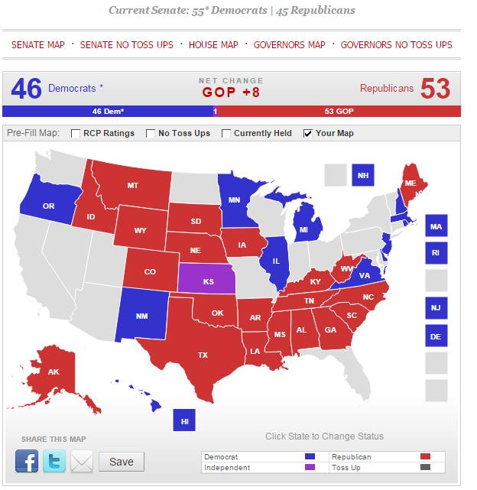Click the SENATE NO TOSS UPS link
point(127,45)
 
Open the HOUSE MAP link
point(213,45)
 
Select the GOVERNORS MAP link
point(289,45)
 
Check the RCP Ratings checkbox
point(76,134)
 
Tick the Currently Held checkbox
point(227,134)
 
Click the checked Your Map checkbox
point(308,134)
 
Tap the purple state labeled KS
point(209,281)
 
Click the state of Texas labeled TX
point(203,355)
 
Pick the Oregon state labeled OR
point(48,206)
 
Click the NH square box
point(363,175)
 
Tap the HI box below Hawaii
point(184,421)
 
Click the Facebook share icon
point(27,461)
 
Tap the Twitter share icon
point(54,461)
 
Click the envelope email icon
point(82,461)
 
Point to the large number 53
point(435,89)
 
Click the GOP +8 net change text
point(231,92)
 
